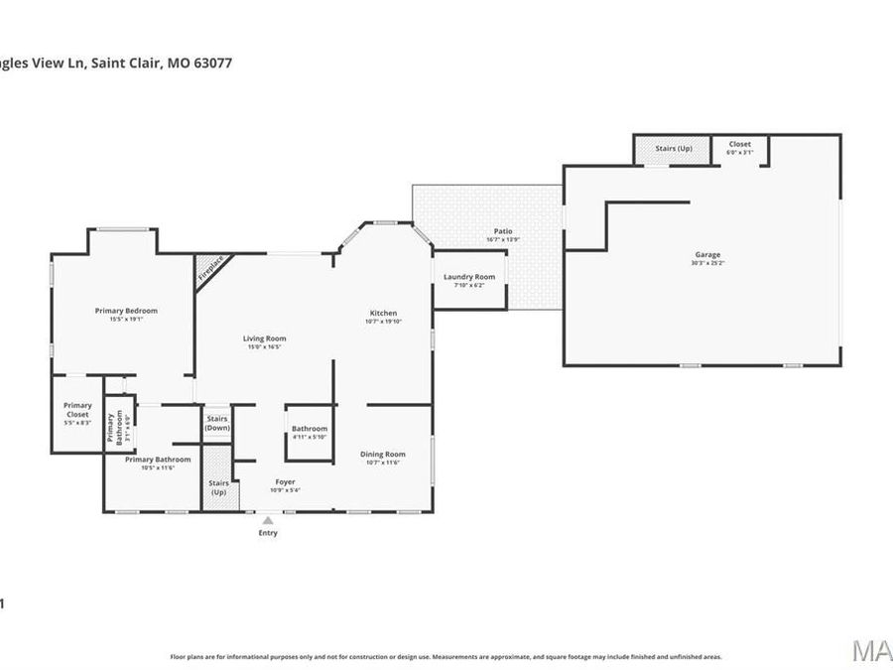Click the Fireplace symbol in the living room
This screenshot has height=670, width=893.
[208, 269]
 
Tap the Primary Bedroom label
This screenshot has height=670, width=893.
[126, 311]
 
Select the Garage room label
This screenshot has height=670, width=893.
[707, 255]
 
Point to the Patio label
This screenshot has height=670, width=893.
[503, 231]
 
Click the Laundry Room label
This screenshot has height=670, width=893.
[469, 277]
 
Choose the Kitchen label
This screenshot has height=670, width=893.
[383, 313]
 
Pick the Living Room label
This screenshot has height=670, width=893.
[265, 338]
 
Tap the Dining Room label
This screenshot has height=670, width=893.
[383, 455]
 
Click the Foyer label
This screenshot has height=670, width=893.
[285, 482]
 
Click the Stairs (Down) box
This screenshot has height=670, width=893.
[217, 423]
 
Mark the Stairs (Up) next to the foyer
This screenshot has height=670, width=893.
[217, 486]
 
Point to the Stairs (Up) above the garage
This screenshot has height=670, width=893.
[674, 149]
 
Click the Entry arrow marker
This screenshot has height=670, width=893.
[267, 519]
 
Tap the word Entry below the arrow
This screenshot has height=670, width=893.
[268, 533]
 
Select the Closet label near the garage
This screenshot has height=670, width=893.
[740, 144]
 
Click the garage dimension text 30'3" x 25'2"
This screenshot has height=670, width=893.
[707, 263]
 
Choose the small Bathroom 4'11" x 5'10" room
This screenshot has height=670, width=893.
[309, 433]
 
